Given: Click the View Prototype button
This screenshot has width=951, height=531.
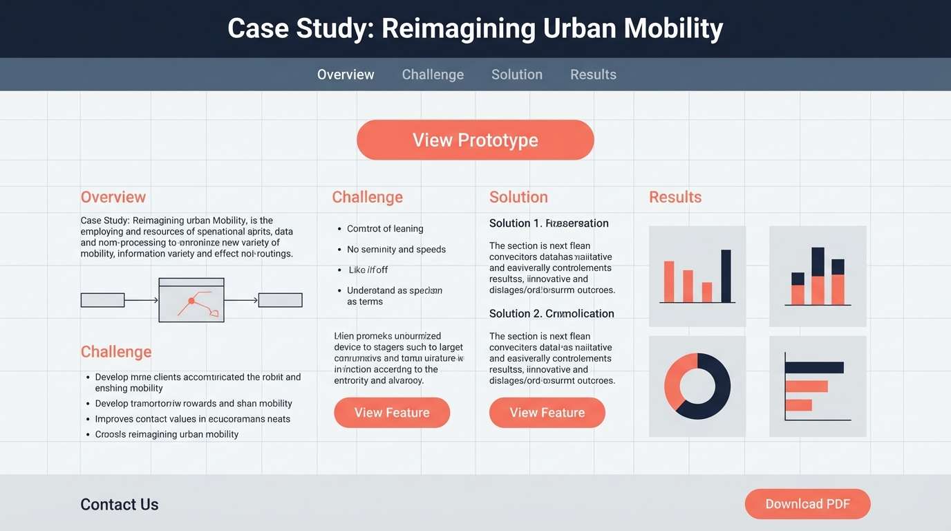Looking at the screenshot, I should (x=475, y=140).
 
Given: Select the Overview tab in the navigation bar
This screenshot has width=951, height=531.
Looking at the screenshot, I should (x=346, y=75).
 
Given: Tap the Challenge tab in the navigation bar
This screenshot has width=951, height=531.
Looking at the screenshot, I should (x=433, y=75).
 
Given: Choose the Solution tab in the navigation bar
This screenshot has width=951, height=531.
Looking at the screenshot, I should (x=516, y=75).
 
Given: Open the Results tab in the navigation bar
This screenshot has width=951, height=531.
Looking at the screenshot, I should (x=593, y=75).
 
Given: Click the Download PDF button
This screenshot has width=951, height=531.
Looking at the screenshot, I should (x=807, y=504).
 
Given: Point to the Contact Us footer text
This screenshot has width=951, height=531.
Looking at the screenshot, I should (x=120, y=505).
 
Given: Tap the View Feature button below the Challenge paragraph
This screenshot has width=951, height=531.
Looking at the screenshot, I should (x=392, y=413).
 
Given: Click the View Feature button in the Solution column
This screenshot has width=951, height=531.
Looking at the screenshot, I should (x=547, y=413).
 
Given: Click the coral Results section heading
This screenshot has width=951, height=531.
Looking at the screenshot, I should (x=675, y=197).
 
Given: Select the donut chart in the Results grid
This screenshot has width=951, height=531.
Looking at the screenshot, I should (x=697, y=386).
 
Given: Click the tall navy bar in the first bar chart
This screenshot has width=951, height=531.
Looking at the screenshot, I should (x=726, y=276).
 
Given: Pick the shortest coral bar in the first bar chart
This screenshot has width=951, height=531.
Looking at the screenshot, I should (x=706, y=292).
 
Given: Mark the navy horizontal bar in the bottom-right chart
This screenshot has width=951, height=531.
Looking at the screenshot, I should (x=815, y=367).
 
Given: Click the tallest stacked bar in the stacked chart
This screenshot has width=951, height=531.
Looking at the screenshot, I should (x=818, y=276).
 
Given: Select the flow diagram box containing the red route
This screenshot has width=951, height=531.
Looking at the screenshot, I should (x=191, y=300).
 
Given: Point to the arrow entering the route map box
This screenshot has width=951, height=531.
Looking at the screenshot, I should (x=142, y=300).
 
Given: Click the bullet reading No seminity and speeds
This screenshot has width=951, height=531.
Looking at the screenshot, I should (x=396, y=250).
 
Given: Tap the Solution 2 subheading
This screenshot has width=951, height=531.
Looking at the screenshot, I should (x=552, y=314).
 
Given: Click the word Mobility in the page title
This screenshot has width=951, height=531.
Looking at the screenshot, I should (x=673, y=29).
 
